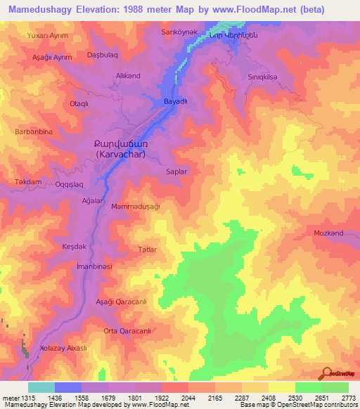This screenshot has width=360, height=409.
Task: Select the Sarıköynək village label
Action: pyautogui.click(x=165, y=33)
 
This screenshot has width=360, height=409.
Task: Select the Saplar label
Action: pyautogui.click(x=175, y=171)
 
